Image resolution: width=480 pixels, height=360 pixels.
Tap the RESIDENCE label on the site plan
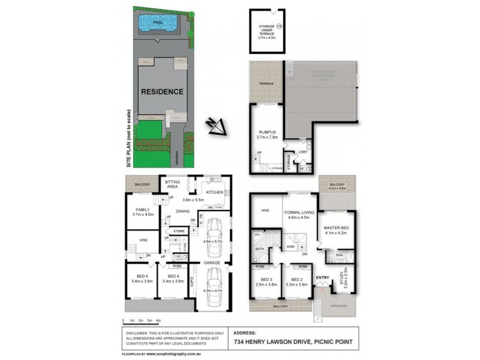pyautogui.click(x=162, y=92)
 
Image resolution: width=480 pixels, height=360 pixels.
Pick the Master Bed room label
pyautogui.click(x=337, y=229)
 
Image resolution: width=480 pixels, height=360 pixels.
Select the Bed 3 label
pyautogui.click(x=268, y=280)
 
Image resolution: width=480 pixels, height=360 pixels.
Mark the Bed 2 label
pyautogui.click(x=297, y=280)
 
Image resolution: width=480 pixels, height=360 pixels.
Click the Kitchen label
pyautogui.click(x=215, y=192)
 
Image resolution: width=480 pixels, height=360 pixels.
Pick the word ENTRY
pyautogui.click(x=322, y=277)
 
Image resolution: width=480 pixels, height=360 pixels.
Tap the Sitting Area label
pyautogui.click(x=173, y=184)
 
